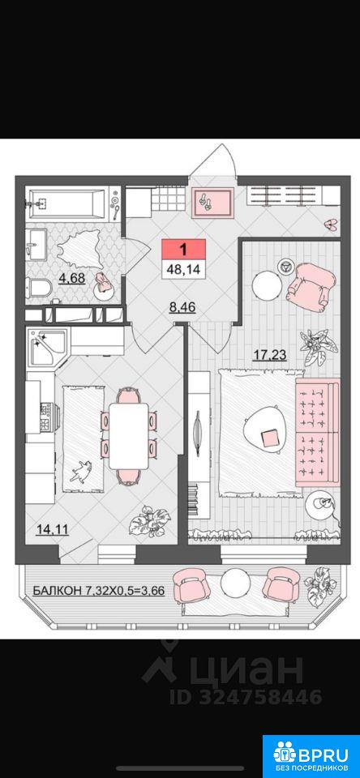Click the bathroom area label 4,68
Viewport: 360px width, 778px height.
click(72, 278)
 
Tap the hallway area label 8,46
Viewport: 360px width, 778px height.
click(182, 307)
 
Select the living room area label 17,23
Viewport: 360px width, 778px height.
click(269, 355)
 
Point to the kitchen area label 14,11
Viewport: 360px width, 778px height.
click(53, 530)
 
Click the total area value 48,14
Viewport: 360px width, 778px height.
click(183, 269)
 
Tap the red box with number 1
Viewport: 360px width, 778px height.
click(183, 249)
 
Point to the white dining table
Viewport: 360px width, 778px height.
click(129, 436)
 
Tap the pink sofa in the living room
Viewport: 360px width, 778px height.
click(317, 432)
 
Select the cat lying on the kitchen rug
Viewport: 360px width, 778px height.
click(80, 469)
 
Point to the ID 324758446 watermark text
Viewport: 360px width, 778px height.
click(246, 696)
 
